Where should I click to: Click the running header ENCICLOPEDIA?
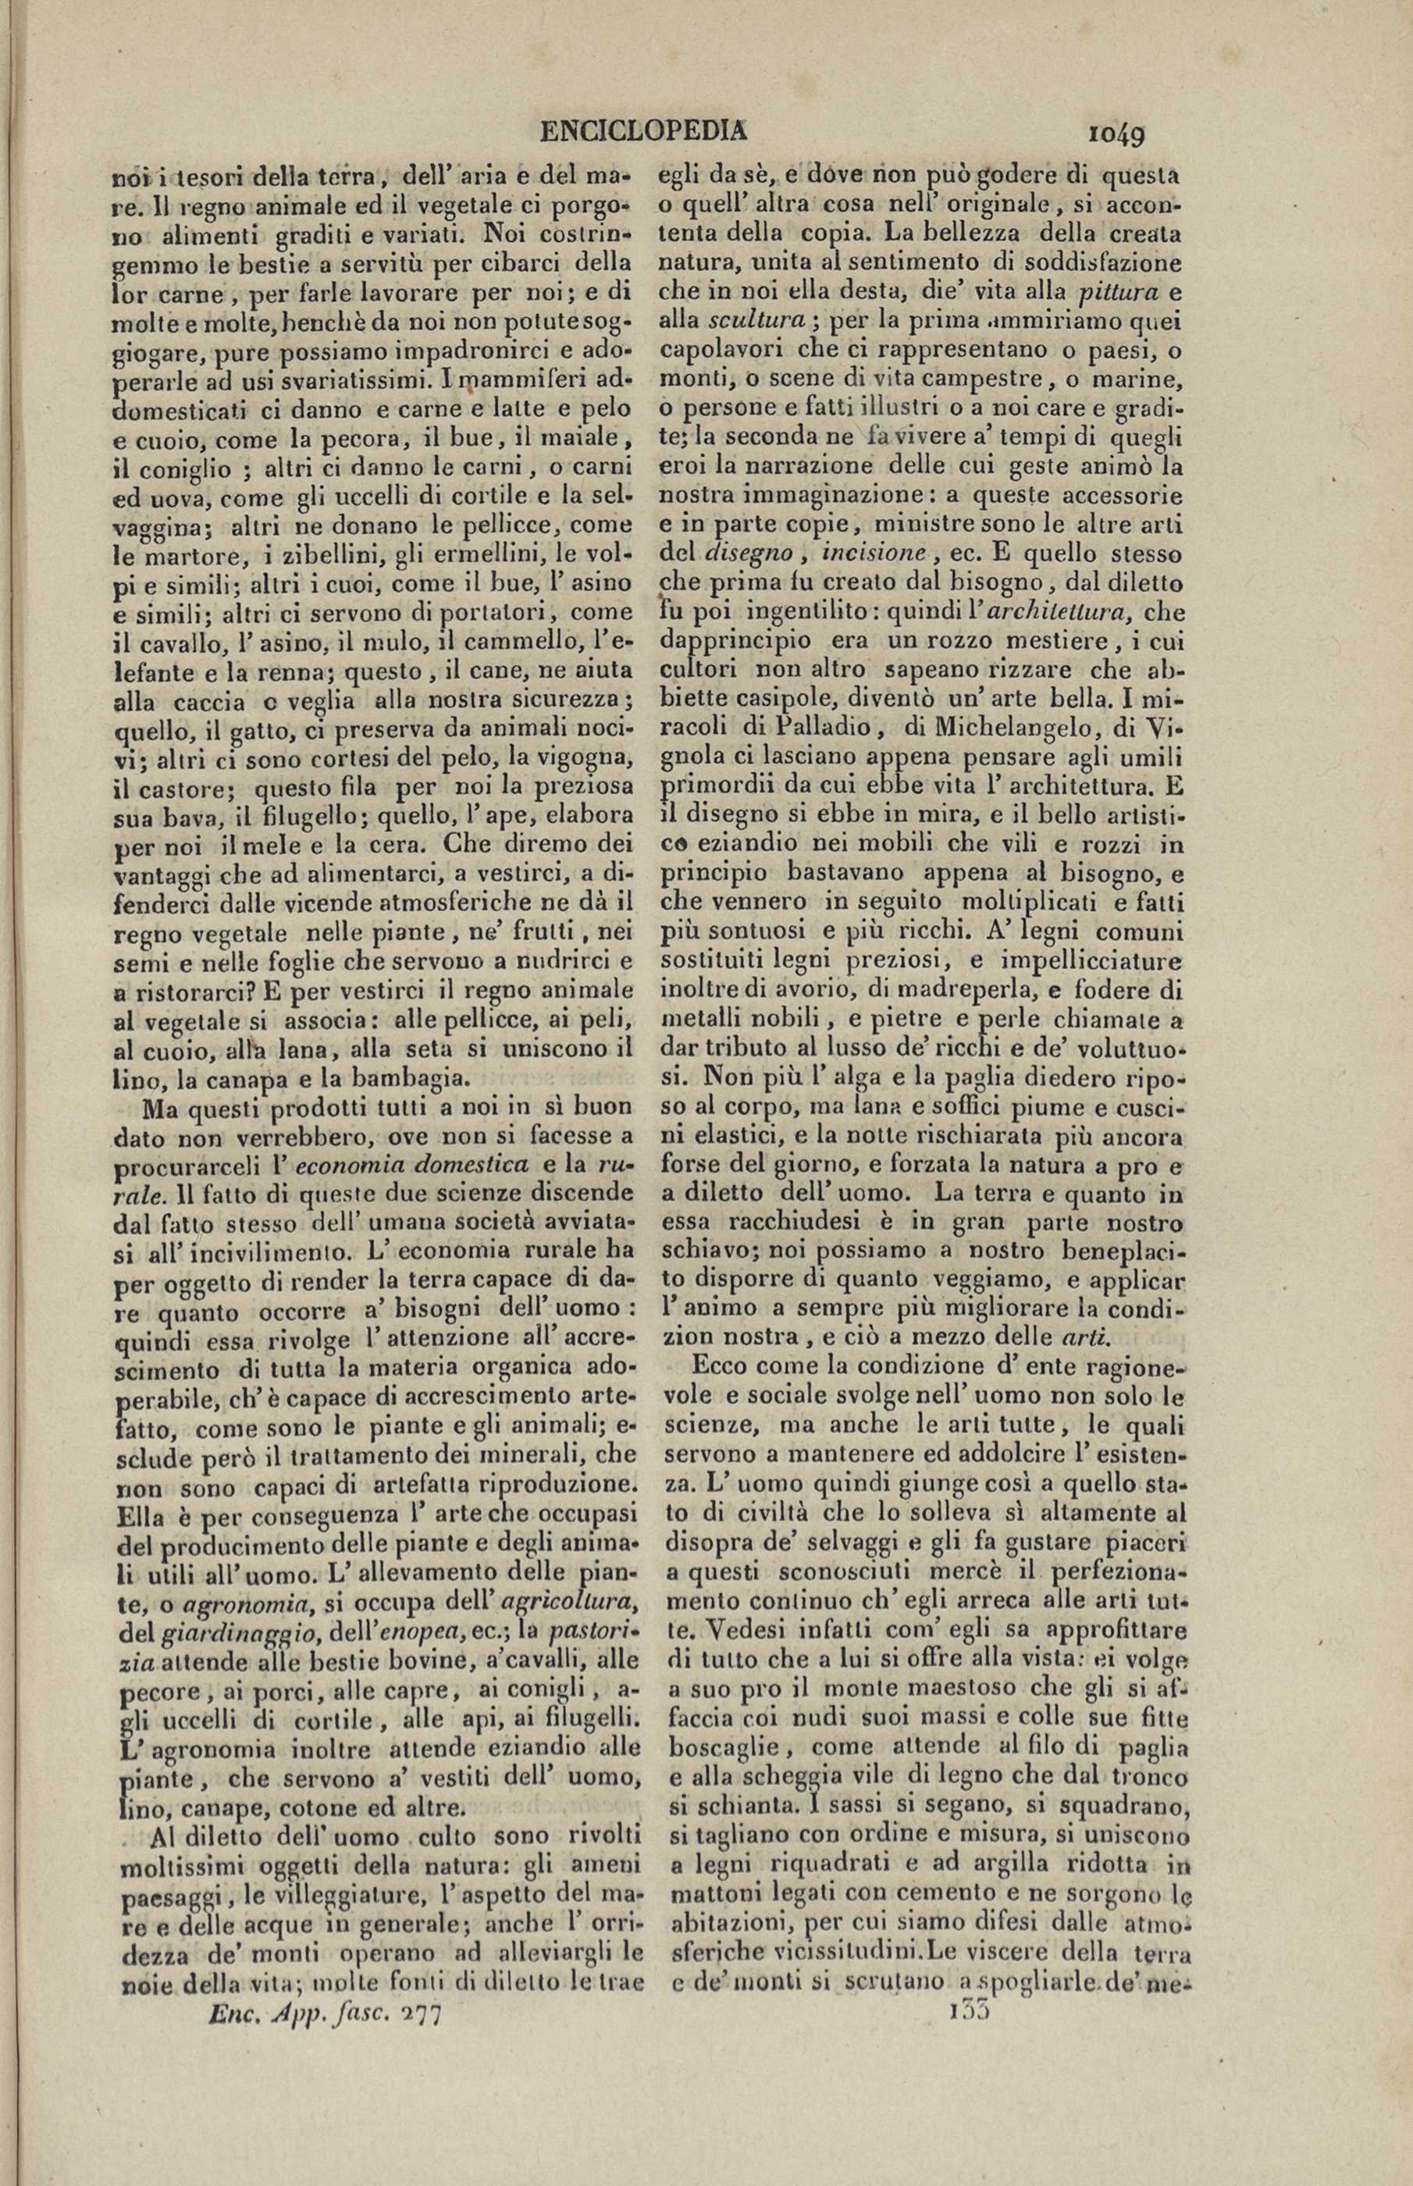click(643, 132)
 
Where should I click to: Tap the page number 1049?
click(1116, 135)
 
